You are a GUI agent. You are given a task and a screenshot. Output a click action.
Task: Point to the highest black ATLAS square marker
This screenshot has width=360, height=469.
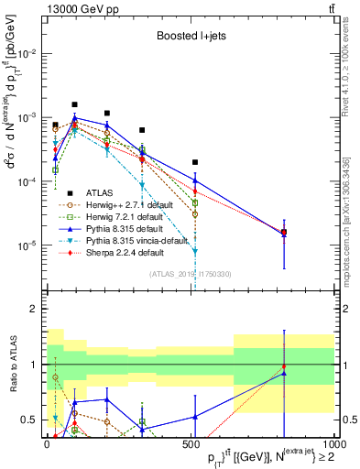coord(75,104)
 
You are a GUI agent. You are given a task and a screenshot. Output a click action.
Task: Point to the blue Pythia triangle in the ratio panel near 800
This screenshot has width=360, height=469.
coord(285,374)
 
